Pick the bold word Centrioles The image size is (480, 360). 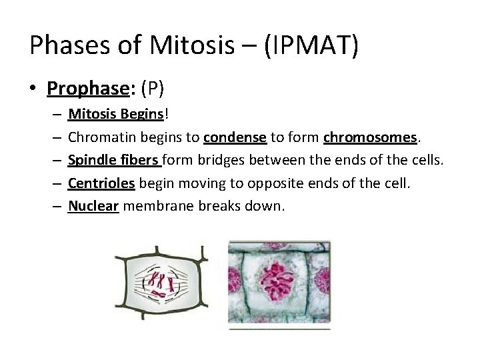[101, 183]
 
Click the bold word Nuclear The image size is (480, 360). [93, 206]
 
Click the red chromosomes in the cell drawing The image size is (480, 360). [159, 283]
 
